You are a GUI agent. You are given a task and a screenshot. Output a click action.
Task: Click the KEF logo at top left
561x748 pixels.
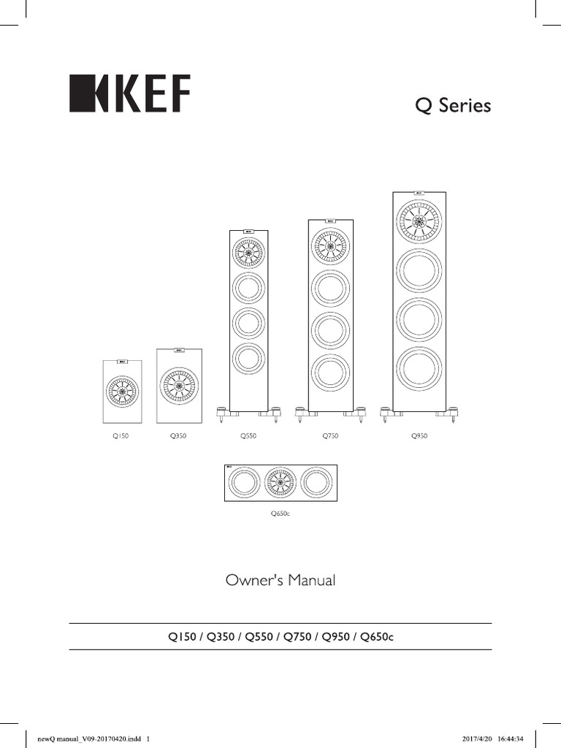(x=129, y=93)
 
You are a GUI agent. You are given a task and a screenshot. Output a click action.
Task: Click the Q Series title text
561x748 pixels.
(x=453, y=106)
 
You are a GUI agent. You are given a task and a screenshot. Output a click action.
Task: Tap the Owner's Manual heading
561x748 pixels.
(x=280, y=581)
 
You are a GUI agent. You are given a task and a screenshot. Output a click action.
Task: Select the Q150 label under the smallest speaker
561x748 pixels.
(x=121, y=436)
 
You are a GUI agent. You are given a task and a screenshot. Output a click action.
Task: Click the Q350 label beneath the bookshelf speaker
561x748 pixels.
(x=179, y=436)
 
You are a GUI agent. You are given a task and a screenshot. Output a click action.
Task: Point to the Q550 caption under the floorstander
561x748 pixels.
(x=249, y=436)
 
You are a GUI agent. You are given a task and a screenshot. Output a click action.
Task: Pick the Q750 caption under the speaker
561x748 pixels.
(x=331, y=436)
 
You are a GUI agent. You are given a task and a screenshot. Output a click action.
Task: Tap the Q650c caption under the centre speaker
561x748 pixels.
(x=280, y=514)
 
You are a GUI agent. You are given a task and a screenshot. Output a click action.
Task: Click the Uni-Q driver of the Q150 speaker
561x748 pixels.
(x=121, y=392)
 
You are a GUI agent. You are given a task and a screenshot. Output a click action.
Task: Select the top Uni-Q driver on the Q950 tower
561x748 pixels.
(x=420, y=220)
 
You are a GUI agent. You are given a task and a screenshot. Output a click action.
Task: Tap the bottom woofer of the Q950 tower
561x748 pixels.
(x=420, y=371)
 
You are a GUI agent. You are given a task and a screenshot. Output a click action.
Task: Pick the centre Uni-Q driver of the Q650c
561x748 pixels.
(x=280, y=482)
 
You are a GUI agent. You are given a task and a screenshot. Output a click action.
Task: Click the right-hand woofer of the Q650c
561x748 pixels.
(x=316, y=482)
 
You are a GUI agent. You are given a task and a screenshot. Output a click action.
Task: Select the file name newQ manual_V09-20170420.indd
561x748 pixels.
(x=88, y=738)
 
